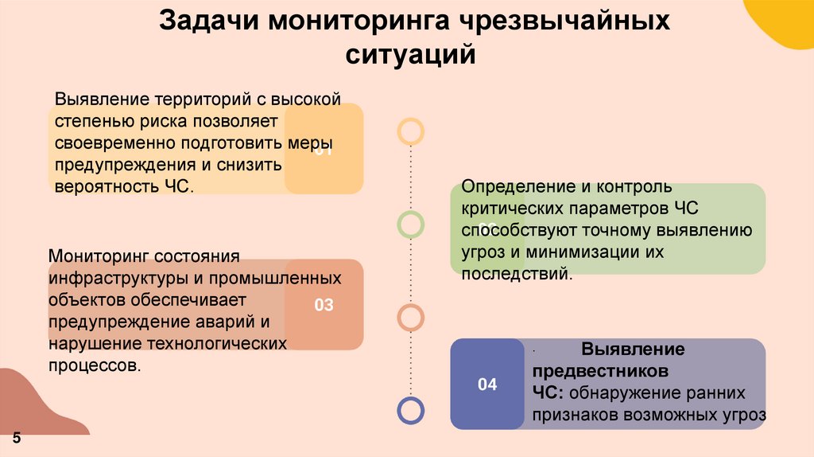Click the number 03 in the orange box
tap(324, 305)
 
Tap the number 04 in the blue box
tap(487, 385)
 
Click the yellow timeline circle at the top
tap(411, 131)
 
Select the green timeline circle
tap(411, 225)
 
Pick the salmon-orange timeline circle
tap(411, 318)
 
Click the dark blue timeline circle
tap(411, 411)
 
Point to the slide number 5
tap(16, 440)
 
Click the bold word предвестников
tap(600, 371)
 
